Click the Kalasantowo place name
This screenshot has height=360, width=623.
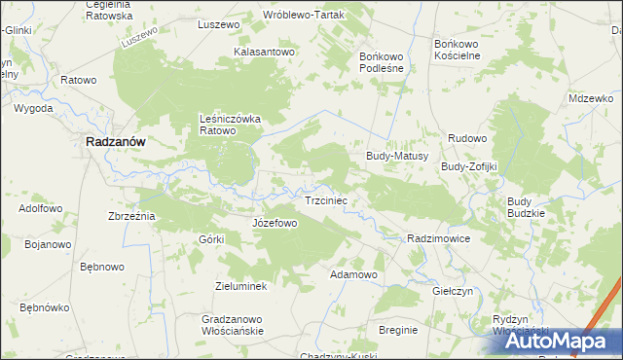click(x=264, y=52)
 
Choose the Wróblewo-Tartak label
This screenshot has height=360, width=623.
click(x=307, y=16)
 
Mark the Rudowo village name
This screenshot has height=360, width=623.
click(x=467, y=139)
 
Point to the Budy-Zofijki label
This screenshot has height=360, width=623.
click(x=469, y=166)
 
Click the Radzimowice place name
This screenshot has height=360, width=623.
click(x=440, y=238)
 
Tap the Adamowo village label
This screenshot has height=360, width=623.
click(x=353, y=275)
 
